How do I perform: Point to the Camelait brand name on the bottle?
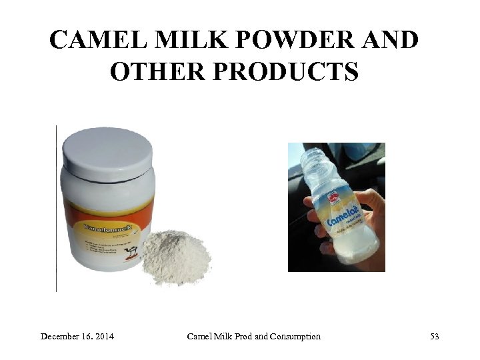tap(343, 215)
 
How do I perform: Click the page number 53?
tap(435, 337)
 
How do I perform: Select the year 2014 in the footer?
tap(103, 337)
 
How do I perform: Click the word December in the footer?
tap(61, 337)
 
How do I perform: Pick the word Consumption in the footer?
tap(295, 337)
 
